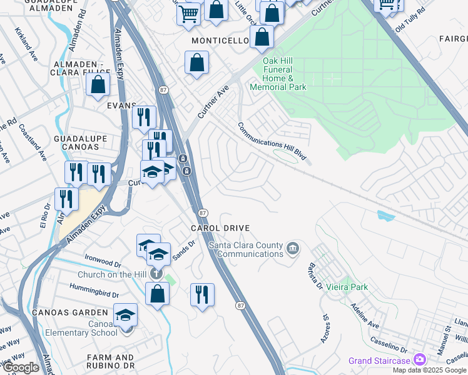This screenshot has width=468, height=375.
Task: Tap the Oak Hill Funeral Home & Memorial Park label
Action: click(278, 74)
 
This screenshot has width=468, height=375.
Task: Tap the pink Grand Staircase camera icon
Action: click(419, 360)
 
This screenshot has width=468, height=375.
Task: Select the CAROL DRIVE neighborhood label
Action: click(220, 229)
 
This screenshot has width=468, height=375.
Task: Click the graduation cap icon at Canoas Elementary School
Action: click(126, 315)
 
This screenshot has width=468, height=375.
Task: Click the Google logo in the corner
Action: click(20, 367)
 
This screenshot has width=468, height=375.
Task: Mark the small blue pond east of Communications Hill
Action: click(385, 216)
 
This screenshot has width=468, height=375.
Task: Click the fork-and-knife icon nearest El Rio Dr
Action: click(66, 199)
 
